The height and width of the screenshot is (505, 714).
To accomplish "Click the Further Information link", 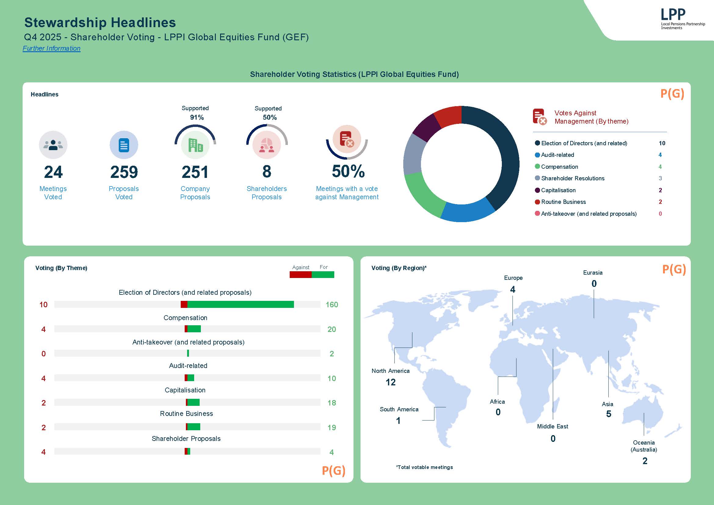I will pos(52,49).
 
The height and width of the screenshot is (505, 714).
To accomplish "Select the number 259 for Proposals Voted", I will pos(124,172).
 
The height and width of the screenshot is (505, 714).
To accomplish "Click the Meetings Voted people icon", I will pos(53,145).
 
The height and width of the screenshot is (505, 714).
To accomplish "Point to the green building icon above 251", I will pos(195,145).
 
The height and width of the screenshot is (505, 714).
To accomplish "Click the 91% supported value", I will pos(197,117).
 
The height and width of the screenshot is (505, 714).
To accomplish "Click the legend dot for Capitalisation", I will pos(537,190).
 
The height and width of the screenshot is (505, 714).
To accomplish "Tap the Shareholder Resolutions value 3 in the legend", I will pos(660,179).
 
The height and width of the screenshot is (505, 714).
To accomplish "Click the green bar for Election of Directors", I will pos(241,305).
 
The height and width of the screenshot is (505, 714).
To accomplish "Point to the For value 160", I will pos(332,305).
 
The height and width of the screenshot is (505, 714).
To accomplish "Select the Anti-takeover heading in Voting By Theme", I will pos(188,342).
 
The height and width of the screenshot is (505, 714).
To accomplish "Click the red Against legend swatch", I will pos(300,275).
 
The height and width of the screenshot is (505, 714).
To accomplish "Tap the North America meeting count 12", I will pos(390,382).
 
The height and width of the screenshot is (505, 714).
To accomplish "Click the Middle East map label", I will pos(553,426).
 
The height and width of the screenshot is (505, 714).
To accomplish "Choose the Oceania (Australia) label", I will pos(644,446).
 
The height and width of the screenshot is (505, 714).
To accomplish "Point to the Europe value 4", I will pos(513,290).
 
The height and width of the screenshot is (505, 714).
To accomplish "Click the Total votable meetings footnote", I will pos(424,467).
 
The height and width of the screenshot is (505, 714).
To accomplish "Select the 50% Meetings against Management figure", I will pos(348,171).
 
